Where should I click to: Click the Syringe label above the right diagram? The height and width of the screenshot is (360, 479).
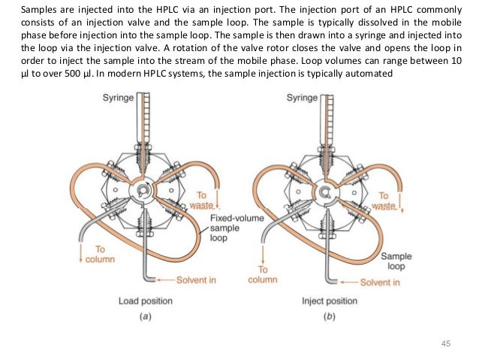click(x=302, y=98)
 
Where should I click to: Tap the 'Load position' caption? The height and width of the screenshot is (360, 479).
click(x=146, y=301)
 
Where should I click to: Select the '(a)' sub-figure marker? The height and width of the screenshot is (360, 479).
click(x=146, y=316)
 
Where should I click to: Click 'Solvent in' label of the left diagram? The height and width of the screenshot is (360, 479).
click(x=196, y=280)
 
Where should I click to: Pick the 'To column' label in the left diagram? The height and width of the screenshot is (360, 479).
click(x=98, y=255)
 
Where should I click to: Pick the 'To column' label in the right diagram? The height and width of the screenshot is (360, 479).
click(x=263, y=274)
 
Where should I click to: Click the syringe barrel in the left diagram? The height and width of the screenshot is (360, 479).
click(x=140, y=120)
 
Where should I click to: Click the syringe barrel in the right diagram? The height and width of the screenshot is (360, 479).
click(x=324, y=120)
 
